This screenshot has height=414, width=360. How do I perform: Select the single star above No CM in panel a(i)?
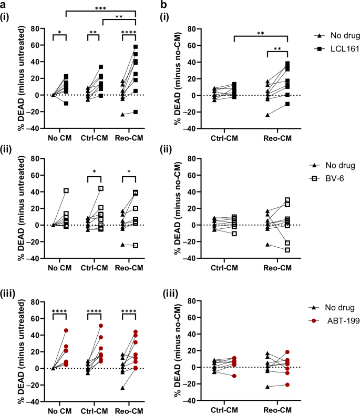(59, 33)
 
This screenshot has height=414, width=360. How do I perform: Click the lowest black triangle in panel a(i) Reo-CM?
(122, 114)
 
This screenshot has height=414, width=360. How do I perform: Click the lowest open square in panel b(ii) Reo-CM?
(287, 249)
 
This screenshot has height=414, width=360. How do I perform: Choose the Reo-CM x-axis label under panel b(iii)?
(281, 410)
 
